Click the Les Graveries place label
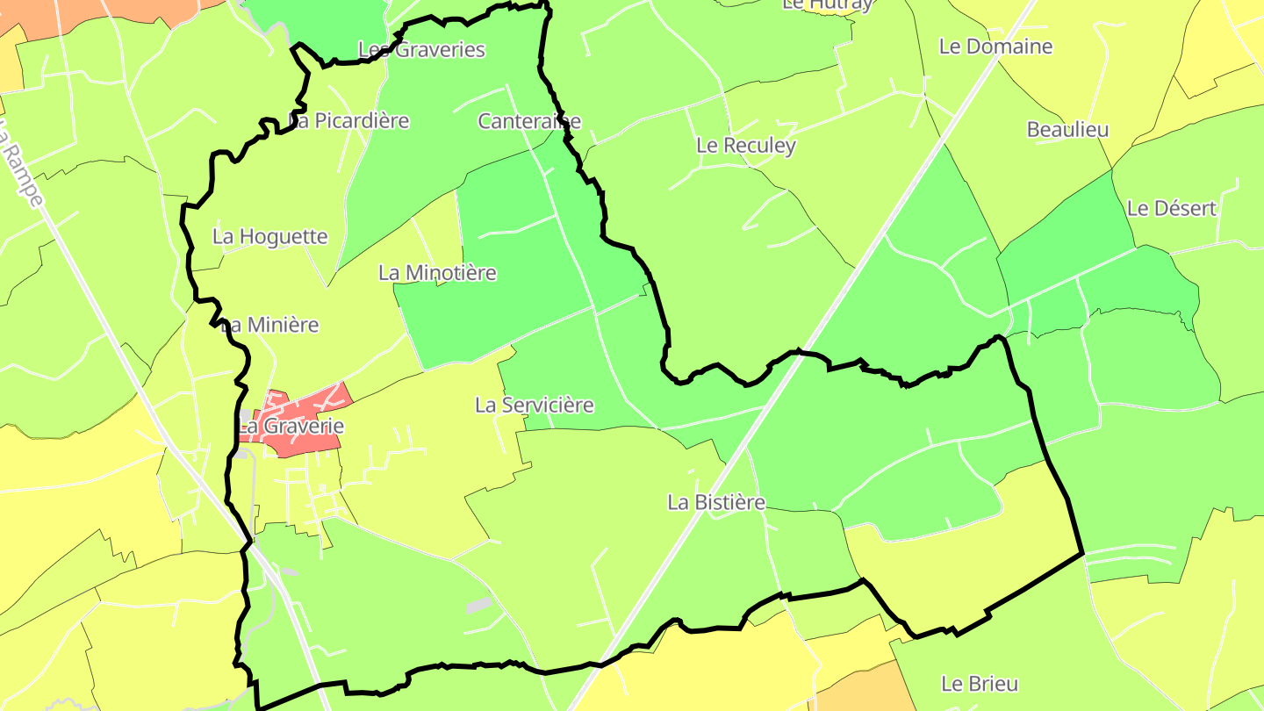pos(422,49)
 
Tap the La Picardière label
pos(350,120)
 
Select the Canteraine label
pos(529,120)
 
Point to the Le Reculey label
pos(746,145)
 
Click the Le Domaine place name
pos(995,46)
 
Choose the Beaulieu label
pos(1067,129)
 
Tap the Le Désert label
pos(1172,208)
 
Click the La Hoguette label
pos(270,236)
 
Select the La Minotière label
pos(437,272)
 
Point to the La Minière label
pos(270,325)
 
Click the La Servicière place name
pos(534,405)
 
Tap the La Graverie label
pos(291,427)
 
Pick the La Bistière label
pos(716,502)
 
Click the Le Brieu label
pos(980,683)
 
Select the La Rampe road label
pos(21,167)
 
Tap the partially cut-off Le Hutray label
pos(827,4)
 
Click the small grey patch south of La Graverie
pos(478,605)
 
